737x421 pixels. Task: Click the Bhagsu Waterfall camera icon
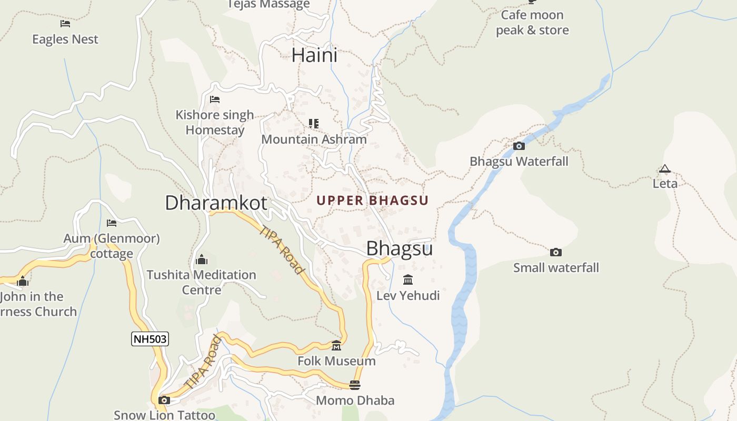tap(519, 146)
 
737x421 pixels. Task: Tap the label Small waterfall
tap(556, 268)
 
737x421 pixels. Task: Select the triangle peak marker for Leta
tap(665, 169)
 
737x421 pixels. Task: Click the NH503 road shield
tap(150, 339)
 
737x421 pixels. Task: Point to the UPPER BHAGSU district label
tap(372, 201)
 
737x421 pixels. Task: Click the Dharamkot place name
tap(216, 203)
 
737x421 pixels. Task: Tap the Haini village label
tap(314, 55)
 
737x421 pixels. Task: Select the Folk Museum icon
tap(336, 346)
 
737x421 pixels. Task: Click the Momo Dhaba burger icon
tap(355, 385)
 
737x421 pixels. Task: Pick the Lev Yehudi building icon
tap(408, 279)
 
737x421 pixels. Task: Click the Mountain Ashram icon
tap(314, 124)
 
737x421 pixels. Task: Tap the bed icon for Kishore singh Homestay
tap(215, 99)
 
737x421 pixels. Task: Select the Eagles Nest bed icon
tap(65, 24)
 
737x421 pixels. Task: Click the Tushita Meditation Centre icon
tap(202, 259)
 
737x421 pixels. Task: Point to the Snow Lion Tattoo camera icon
tap(164, 400)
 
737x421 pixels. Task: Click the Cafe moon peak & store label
tap(532, 23)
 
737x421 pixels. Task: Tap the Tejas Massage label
tap(268, 5)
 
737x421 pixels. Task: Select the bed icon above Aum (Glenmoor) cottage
tap(112, 223)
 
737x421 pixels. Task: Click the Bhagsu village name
tap(400, 248)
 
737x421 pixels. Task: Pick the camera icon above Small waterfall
tap(556, 253)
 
